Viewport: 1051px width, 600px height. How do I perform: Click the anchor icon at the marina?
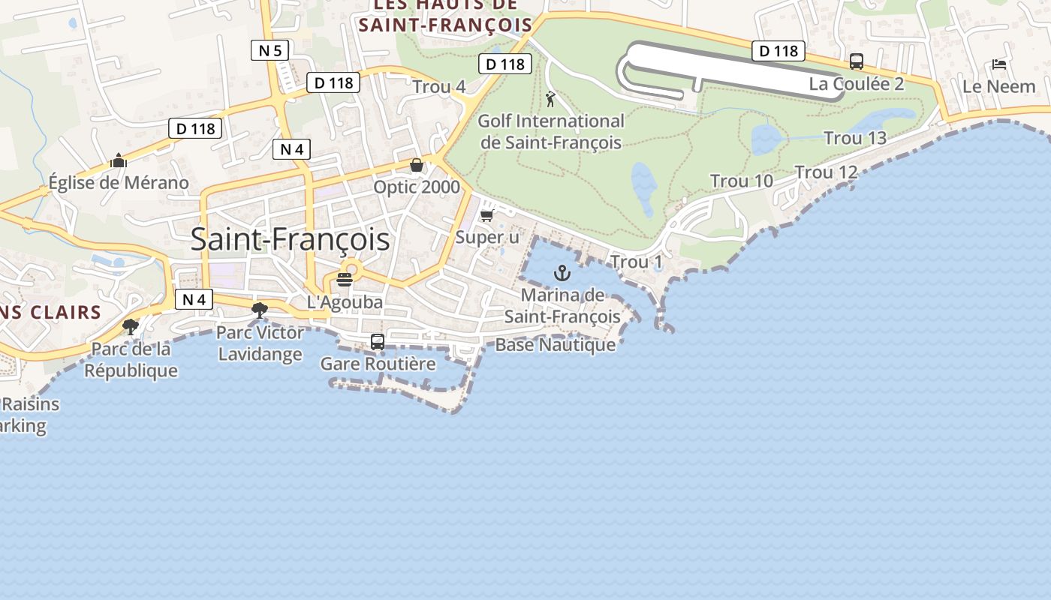point(562,273)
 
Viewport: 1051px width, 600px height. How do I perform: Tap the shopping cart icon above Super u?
point(486,216)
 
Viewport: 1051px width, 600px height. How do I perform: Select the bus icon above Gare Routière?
point(378,342)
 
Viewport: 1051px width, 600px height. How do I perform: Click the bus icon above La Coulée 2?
point(857,61)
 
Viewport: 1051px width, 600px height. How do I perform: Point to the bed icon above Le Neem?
point(998,64)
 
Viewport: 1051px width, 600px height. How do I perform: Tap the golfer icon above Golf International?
point(551,98)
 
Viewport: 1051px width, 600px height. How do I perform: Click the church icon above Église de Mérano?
point(118,160)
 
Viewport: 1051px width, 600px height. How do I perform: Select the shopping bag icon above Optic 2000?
point(417,165)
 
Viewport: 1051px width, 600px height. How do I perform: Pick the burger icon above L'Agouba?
point(345,280)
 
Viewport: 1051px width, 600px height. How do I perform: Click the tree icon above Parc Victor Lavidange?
point(260,310)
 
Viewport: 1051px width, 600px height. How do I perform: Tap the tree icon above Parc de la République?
point(131,326)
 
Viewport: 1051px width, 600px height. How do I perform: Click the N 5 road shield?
point(270,51)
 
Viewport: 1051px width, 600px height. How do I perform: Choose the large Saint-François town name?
point(290,239)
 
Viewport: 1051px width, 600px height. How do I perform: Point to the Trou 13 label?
point(855,138)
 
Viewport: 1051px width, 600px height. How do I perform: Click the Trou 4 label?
point(439,87)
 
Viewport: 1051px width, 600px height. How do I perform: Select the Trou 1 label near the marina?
point(637,262)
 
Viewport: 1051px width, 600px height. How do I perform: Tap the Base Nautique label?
point(556,345)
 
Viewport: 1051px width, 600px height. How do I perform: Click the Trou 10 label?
point(742,181)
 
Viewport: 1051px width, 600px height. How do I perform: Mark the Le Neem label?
point(998,86)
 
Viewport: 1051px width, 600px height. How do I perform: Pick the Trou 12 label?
point(826,172)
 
